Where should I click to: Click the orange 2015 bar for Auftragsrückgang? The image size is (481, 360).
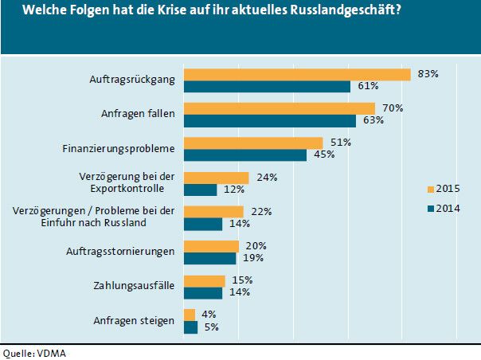[x=297, y=74]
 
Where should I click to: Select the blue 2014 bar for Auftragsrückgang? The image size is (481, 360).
[x=267, y=86]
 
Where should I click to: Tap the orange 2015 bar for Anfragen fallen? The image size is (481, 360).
[x=279, y=108]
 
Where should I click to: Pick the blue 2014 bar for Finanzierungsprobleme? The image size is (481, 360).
[x=244, y=155]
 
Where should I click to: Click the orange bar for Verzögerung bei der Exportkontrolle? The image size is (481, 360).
[x=216, y=178]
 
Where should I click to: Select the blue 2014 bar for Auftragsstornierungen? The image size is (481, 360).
[x=209, y=258]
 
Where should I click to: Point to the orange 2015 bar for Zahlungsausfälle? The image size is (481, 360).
[x=204, y=281]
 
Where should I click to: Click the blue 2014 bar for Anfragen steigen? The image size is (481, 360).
[x=190, y=327]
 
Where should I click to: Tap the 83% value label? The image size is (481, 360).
[x=428, y=73]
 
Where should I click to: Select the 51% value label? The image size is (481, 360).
[x=340, y=143]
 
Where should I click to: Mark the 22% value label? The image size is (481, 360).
[x=260, y=212]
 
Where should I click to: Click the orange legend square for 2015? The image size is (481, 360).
[x=431, y=190]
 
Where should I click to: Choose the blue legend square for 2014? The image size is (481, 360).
[x=431, y=209]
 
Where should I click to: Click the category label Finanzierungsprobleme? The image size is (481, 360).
[x=117, y=148]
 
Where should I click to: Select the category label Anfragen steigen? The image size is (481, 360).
[x=134, y=320]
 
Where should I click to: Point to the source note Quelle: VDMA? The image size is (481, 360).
[x=33, y=352]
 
